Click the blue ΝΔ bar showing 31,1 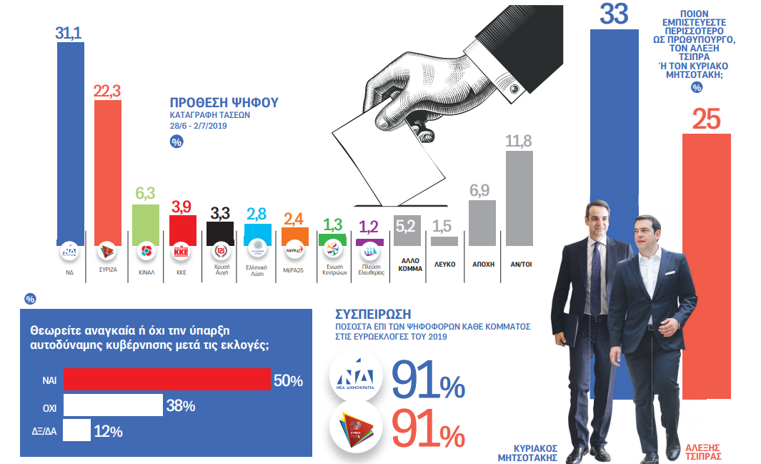pyautogui.click(x=70, y=143)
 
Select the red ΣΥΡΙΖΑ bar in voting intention pyautogui.click(x=108, y=172)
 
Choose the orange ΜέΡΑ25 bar pyautogui.click(x=294, y=237)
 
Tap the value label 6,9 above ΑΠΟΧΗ pyautogui.click(x=482, y=191)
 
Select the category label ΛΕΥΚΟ pyautogui.click(x=444, y=264)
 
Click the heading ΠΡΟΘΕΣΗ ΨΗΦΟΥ pyautogui.click(x=224, y=103)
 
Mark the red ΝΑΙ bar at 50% pyautogui.click(x=167, y=380)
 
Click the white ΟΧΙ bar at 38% pyautogui.click(x=113, y=405)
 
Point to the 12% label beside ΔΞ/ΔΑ pyautogui.click(x=108, y=432)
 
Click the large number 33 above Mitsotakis pyautogui.click(x=614, y=15)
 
